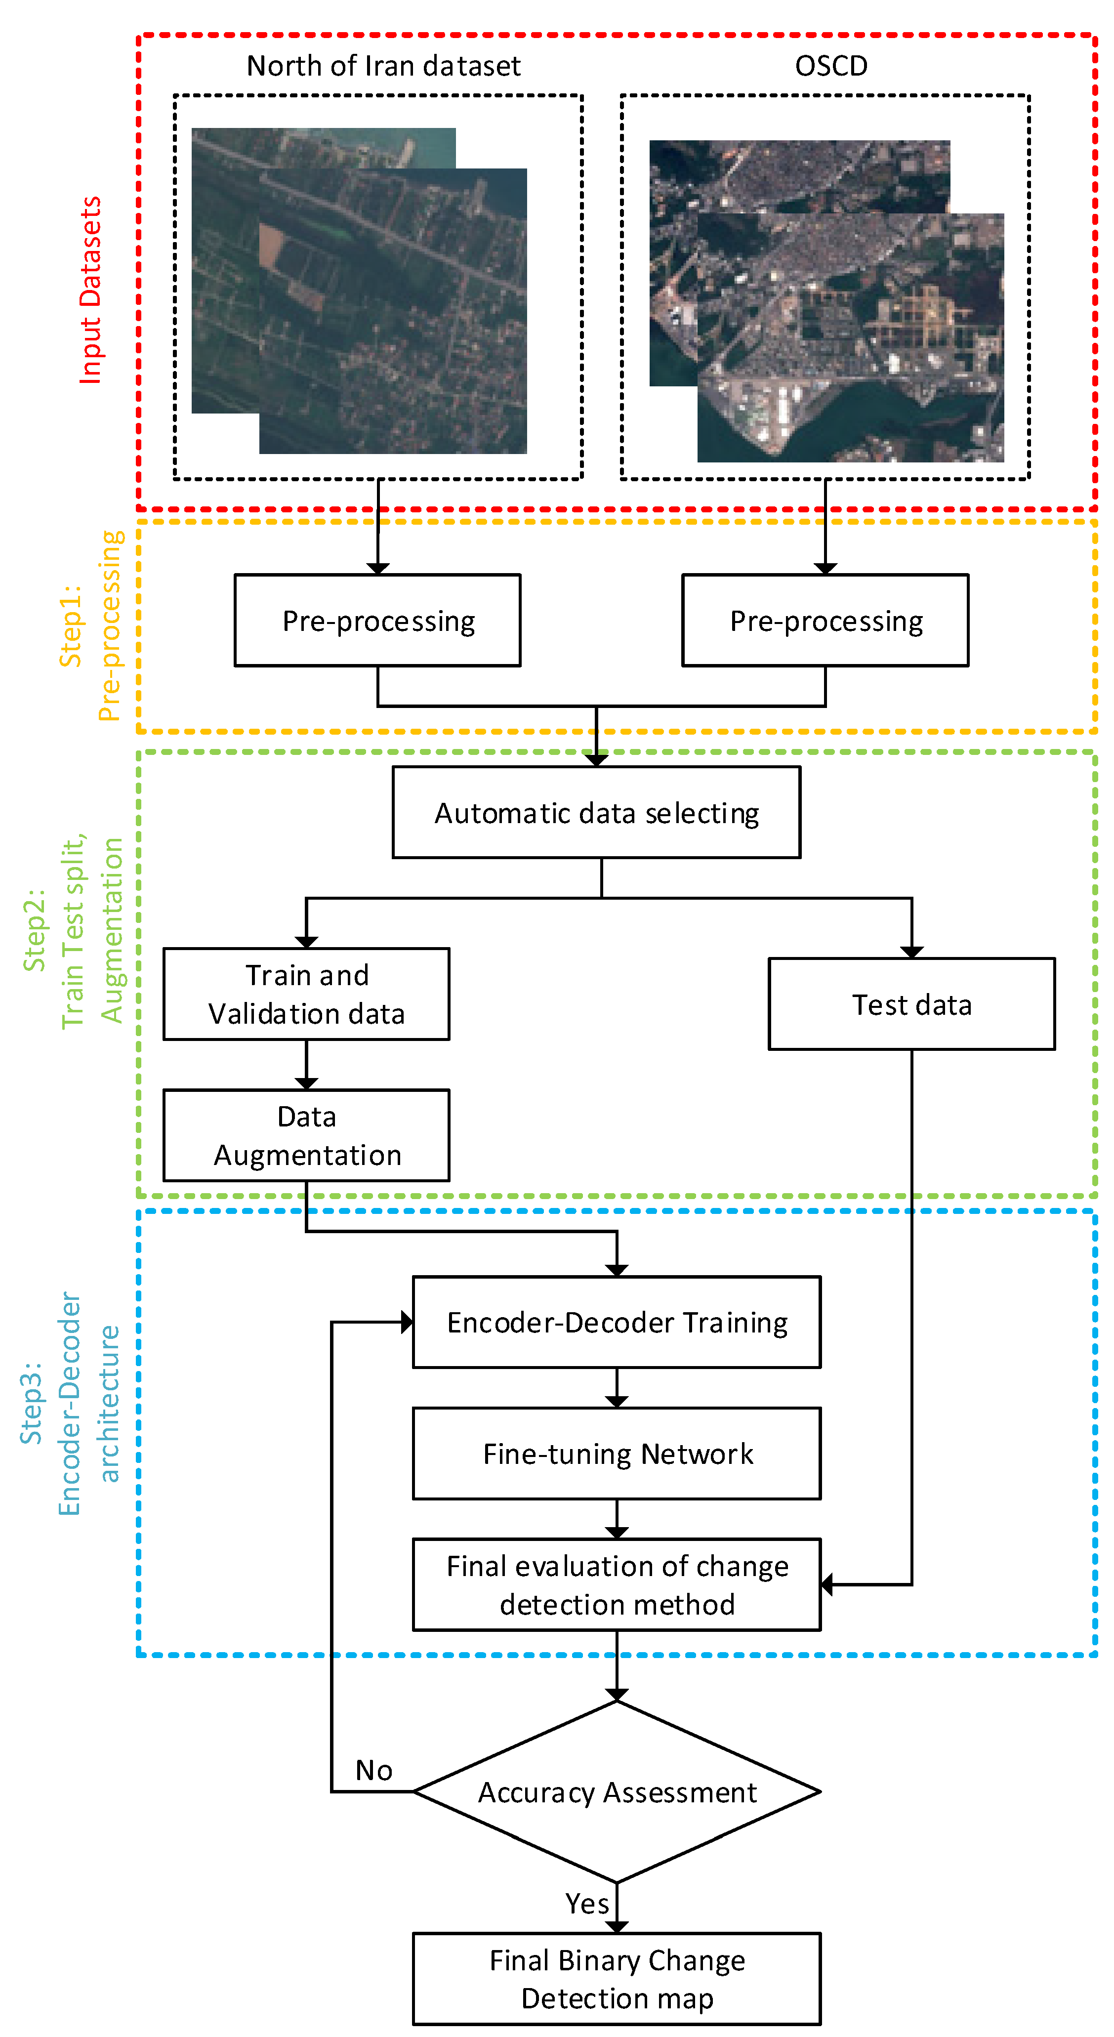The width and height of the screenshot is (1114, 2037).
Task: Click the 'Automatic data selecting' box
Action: (596, 812)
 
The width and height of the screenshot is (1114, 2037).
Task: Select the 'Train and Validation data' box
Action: (306, 994)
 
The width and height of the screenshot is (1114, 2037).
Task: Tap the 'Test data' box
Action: (911, 1004)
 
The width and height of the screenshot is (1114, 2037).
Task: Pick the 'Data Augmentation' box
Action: (306, 1135)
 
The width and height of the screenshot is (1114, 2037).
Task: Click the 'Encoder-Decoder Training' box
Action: (617, 1322)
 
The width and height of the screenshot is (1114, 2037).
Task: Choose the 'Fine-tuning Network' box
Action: (617, 1454)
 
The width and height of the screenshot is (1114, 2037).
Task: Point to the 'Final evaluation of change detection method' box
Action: (617, 1584)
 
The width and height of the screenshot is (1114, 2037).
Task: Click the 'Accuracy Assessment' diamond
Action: (617, 1792)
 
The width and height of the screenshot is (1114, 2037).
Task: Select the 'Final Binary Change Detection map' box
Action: (617, 1979)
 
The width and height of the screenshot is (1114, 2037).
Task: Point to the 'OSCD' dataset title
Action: (831, 66)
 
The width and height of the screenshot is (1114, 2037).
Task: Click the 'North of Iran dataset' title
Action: (383, 66)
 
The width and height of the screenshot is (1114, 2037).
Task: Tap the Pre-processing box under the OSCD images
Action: (825, 621)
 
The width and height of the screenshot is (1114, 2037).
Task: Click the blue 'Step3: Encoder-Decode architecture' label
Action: (70, 1404)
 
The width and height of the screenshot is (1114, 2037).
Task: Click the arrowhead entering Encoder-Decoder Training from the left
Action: (407, 1322)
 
